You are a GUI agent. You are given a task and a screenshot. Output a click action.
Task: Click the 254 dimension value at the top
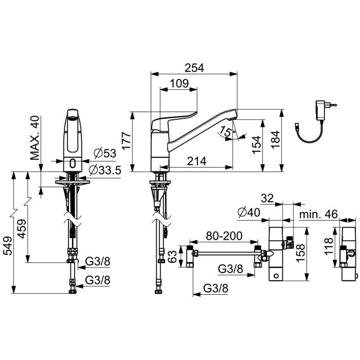194,68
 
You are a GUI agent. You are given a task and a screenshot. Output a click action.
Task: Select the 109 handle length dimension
179,83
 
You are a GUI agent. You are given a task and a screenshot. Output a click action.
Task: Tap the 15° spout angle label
226,131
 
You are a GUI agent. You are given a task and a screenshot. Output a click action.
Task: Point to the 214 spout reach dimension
196,161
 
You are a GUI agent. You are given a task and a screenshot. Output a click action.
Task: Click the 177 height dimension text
127,141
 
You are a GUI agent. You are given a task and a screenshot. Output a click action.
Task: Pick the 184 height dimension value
276,139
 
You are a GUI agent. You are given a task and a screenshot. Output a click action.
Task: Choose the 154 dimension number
257,145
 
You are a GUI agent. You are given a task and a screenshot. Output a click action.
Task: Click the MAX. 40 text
35,138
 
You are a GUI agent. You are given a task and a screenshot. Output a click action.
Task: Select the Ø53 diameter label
105,153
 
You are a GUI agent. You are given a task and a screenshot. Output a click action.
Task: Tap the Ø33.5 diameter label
105,170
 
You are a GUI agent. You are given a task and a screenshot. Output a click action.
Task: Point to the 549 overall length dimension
8,246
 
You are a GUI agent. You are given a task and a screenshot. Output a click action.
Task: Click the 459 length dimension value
22,229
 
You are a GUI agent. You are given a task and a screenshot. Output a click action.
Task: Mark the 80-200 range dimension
224,236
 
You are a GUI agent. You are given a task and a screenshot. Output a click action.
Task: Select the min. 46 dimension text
318,214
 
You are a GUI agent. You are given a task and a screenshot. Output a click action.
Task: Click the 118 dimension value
329,246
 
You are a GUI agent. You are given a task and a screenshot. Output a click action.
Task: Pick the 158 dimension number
300,253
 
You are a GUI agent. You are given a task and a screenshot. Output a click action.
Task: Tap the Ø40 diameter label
249,212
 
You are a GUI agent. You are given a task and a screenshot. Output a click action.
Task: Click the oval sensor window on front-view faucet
73,164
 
